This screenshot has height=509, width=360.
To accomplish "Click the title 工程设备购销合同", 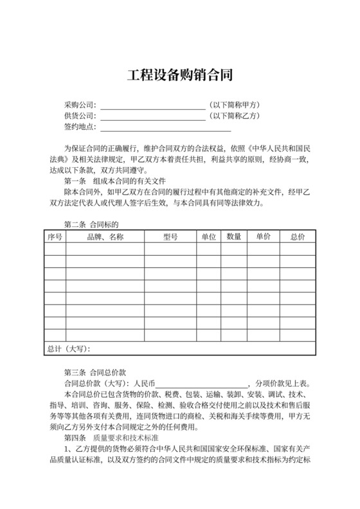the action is pyautogui.click(x=179, y=75).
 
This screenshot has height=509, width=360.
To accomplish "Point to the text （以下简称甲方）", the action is pyautogui.click(x=234, y=105).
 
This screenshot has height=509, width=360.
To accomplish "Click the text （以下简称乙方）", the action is pyautogui.click(x=234, y=116).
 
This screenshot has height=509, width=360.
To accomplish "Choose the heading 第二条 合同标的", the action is pyautogui.click(x=92, y=225).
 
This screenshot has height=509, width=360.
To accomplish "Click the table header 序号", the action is pyautogui.click(x=55, y=237).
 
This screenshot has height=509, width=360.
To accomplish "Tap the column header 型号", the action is pyautogui.click(x=170, y=237).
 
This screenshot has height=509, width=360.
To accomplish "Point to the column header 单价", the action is pyautogui.click(x=264, y=237).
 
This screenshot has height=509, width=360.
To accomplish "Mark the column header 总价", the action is pyautogui.click(x=298, y=237).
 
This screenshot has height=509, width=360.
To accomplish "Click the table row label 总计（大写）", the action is pyautogui.click(x=69, y=349).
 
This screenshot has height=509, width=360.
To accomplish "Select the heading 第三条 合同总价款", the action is pyautogui.click(x=95, y=371).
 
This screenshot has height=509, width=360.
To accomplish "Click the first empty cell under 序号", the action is pyautogui.click(x=55, y=249).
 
